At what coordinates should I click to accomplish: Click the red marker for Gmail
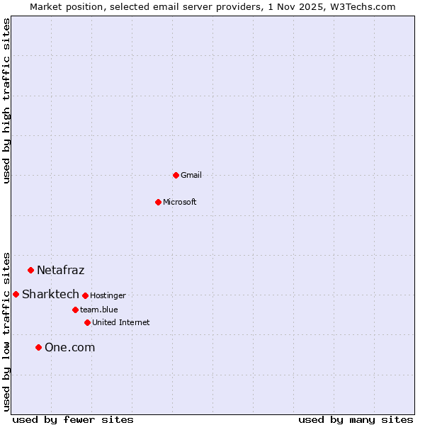click(176, 175)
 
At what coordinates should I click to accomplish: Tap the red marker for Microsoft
click(159, 202)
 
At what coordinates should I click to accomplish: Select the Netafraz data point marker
click(30, 270)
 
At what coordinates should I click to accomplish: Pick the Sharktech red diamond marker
click(16, 294)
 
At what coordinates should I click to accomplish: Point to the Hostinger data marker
click(85, 295)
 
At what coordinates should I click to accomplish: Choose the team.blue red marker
click(75, 310)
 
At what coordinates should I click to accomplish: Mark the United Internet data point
click(87, 322)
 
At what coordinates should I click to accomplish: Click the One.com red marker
click(38, 347)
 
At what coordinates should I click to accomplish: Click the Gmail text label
click(191, 175)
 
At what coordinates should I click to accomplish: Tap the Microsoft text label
click(180, 202)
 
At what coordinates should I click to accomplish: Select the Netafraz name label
click(61, 270)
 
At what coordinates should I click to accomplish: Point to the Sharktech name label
click(50, 294)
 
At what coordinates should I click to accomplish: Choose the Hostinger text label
click(108, 295)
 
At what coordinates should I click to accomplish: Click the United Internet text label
click(121, 322)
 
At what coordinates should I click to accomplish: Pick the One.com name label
click(69, 347)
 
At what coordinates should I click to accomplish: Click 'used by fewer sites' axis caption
click(73, 419)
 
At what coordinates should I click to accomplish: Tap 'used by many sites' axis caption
click(356, 419)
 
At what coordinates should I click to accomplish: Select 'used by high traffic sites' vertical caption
click(7, 101)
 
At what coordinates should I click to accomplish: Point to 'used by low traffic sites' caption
click(7, 331)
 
